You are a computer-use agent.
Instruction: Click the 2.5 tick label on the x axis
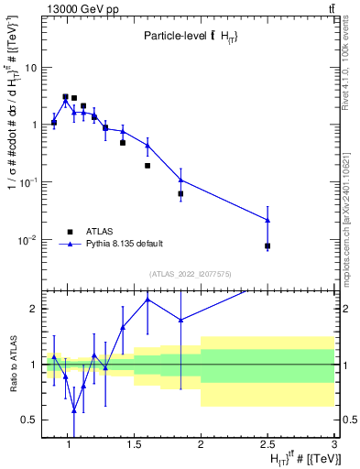(267, 444)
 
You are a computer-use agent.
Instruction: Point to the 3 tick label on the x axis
(335, 444)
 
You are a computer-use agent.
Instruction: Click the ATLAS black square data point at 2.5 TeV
(267, 245)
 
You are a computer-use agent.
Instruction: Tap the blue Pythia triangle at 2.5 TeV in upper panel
(267, 220)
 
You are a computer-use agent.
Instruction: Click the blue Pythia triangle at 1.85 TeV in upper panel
(180, 180)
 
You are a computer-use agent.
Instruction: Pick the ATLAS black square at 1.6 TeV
(147, 166)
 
